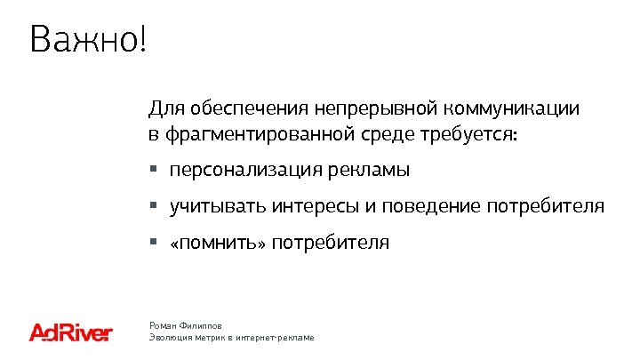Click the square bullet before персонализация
pyautogui.click(x=153, y=169)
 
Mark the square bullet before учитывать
pyautogui.click(x=153, y=206)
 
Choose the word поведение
pyautogui.click(x=436, y=207)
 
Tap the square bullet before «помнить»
pyautogui.click(x=153, y=242)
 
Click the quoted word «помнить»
pyautogui.click(x=216, y=243)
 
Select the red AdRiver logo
pyautogui.click(x=70, y=332)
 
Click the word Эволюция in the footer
pyautogui.click(x=169, y=339)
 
